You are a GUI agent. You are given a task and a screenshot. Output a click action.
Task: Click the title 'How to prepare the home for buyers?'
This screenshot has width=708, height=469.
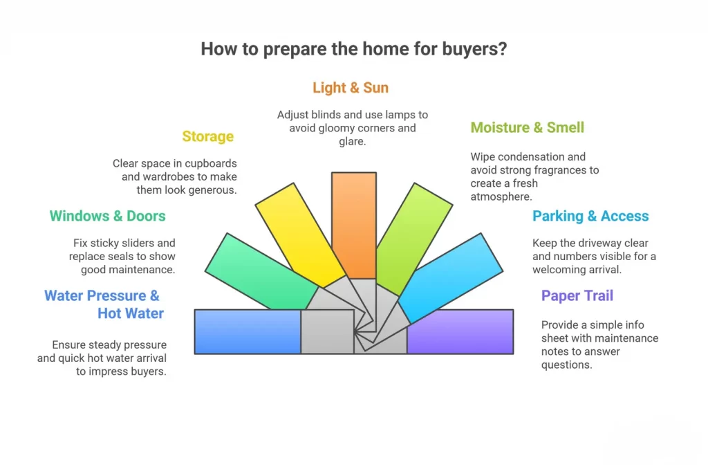pos(353,50)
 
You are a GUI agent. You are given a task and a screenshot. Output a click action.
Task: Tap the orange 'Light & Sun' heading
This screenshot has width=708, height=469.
pos(350,88)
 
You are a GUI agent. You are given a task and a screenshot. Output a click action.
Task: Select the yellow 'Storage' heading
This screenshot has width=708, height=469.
pos(207,136)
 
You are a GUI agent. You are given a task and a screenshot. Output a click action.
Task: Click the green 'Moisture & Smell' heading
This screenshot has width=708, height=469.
pos(527,127)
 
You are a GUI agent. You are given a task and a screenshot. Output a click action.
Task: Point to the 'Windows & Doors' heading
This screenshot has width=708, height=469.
pos(107,216)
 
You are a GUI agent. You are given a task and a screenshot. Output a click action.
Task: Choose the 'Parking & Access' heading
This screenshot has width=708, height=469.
pos(590,216)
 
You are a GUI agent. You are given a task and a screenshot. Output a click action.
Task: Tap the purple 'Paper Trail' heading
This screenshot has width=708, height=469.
pos(577,296)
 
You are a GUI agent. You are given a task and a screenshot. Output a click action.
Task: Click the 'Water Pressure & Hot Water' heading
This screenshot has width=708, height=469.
pos(104,304)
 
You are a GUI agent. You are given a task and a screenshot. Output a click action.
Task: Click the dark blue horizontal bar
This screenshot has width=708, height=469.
pos(247,331)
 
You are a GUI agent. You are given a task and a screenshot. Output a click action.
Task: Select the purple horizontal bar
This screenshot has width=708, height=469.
pos(460,331)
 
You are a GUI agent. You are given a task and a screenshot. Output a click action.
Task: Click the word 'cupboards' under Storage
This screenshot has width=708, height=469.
pos(212,163)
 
